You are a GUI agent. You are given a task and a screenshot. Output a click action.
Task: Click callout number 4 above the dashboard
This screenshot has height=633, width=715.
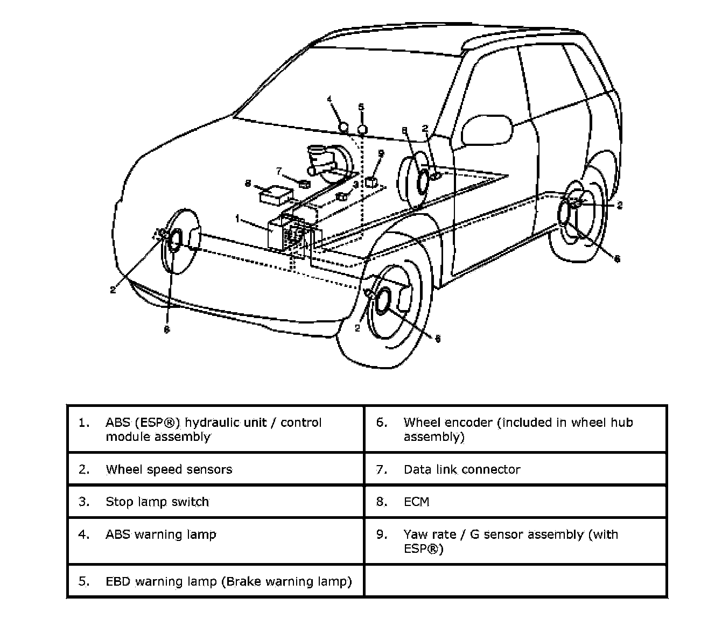(x=330, y=99)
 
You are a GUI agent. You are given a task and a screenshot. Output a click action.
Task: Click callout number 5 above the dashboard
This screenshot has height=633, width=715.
(x=361, y=107)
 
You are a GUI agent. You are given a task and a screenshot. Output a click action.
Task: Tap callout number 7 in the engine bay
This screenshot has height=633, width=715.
(x=279, y=171)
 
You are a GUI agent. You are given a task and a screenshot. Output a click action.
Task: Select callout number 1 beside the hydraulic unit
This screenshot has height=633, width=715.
(x=237, y=219)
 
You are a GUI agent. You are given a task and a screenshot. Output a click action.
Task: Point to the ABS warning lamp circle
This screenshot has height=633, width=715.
(x=344, y=128)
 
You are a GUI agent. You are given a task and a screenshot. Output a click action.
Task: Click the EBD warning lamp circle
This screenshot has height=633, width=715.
(x=362, y=129)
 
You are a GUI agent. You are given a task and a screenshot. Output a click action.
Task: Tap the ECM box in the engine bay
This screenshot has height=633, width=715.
(x=276, y=194)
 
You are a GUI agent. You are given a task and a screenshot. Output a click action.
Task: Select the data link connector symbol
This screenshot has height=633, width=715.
(x=304, y=185)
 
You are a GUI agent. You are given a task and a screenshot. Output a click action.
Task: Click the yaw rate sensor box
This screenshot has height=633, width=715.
(x=370, y=182)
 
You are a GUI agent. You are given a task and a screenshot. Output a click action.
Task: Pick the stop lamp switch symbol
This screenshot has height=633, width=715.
(x=340, y=197)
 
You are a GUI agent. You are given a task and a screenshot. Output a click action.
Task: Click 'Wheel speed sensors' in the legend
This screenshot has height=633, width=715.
(x=169, y=469)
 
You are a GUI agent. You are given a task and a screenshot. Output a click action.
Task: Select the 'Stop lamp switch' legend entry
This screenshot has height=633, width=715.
(x=157, y=502)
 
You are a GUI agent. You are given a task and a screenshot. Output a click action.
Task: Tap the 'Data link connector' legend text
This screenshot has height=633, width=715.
(x=461, y=469)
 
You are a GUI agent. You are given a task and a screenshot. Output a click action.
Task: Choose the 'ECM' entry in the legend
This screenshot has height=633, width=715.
(x=416, y=502)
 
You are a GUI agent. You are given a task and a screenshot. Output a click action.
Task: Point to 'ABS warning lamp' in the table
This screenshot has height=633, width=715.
(x=160, y=534)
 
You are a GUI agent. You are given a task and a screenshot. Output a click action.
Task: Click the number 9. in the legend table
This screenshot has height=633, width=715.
(x=382, y=534)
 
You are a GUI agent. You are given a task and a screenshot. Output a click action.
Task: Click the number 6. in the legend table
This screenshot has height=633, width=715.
(x=382, y=423)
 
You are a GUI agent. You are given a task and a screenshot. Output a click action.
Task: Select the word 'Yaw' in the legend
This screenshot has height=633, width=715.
(x=415, y=534)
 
